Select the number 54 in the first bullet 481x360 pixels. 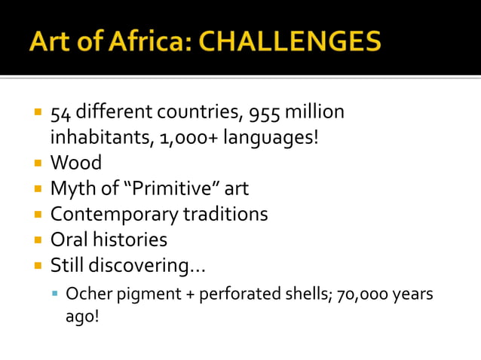point(60,113)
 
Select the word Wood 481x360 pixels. point(75,163)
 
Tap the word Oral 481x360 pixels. point(69,240)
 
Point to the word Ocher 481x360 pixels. point(85,294)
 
